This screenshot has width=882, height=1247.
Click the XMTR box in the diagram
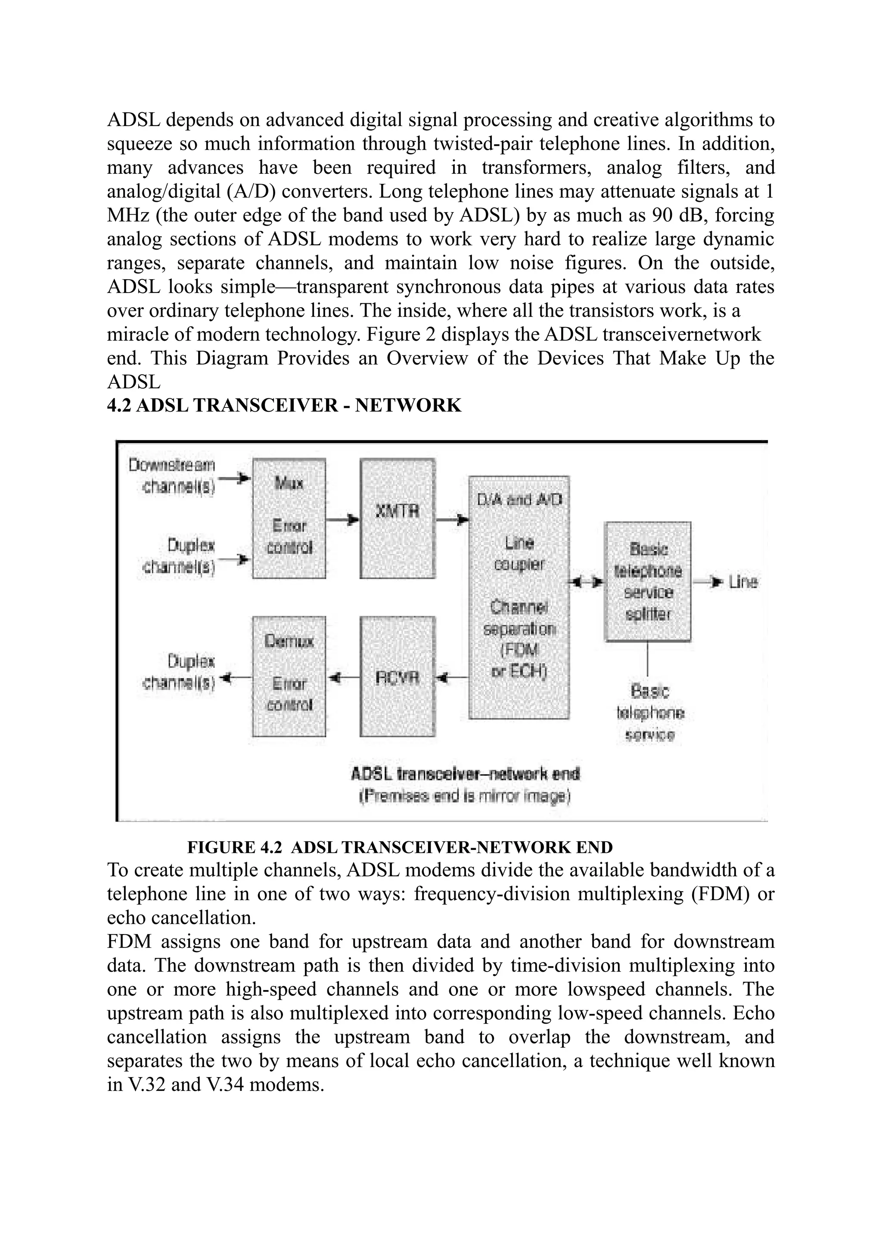397,518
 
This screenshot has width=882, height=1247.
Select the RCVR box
397,677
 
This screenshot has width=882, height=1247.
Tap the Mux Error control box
289,518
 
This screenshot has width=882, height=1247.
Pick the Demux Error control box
289,677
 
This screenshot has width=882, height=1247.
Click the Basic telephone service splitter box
648,581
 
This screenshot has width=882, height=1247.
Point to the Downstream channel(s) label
172,476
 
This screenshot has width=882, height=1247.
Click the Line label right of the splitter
743,582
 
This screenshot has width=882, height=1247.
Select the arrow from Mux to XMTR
343,520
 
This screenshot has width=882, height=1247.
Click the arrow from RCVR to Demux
343,677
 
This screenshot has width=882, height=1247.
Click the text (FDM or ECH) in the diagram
519,661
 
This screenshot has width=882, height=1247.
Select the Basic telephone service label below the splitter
650,713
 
